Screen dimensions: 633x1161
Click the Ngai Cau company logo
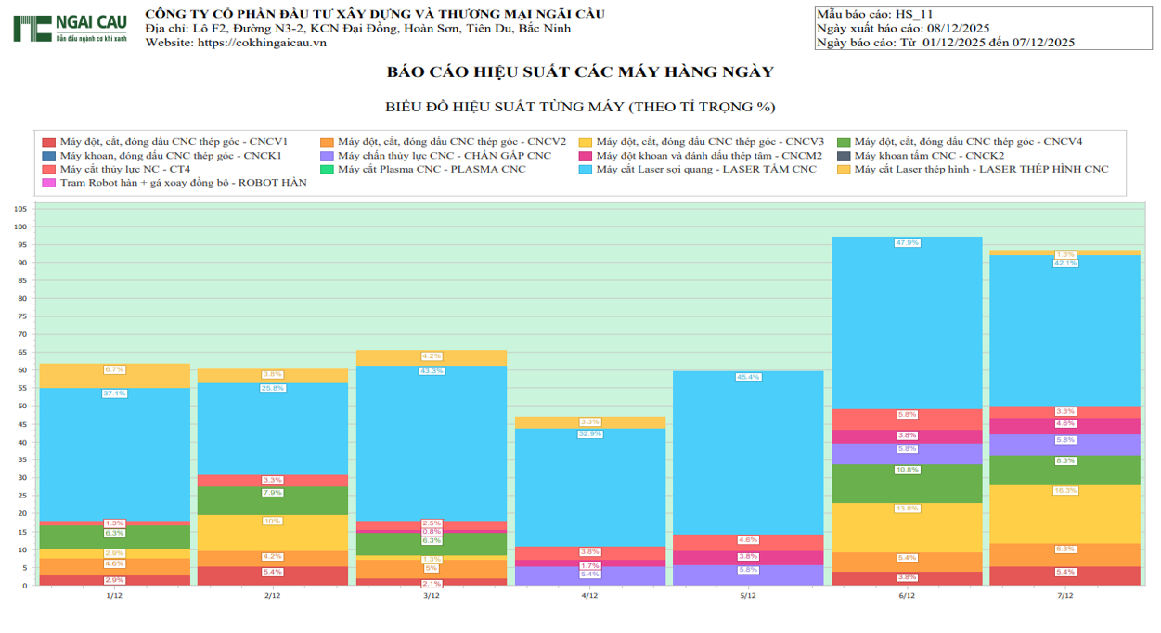click(71, 28)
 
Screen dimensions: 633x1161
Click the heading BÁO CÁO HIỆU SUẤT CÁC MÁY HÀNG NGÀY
click(580, 72)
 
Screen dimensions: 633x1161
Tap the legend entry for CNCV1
click(173, 142)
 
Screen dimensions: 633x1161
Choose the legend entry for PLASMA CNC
click(431, 169)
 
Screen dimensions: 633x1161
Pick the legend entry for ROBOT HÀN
click(181, 183)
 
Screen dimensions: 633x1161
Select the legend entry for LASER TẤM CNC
click(705, 169)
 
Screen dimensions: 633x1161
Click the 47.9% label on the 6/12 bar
click(907, 243)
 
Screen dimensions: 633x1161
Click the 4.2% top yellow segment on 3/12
click(432, 357)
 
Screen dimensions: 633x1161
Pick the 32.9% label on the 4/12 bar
click(589, 434)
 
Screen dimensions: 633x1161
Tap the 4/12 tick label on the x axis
click(589, 596)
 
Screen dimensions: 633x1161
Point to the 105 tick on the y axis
click(20, 209)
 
